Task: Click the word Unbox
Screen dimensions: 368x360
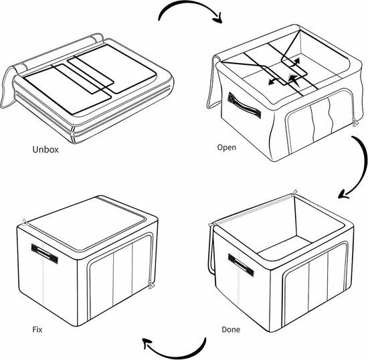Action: pyautogui.click(x=45, y=149)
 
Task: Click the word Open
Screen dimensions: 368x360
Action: pyautogui.click(x=226, y=148)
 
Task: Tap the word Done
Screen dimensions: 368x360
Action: pyautogui.click(x=231, y=329)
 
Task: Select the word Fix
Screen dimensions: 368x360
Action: pyautogui.click(x=37, y=329)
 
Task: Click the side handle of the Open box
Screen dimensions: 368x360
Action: pyautogui.click(x=244, y=105)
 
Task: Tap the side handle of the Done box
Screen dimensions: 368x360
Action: pyautogui.click(x=241, y=265)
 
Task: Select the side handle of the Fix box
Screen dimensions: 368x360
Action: pyautogui.click(x=45, y=254)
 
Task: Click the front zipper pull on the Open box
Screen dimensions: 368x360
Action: pyautogui.click(x=355, y=122)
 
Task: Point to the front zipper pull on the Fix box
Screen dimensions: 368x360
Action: pyautogui.click(x=151, y=284)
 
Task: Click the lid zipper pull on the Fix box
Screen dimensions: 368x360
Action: pyautogui.click(x=25, y=221)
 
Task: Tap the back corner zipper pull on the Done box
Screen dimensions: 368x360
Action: pyautogui.click(x=294, y=193)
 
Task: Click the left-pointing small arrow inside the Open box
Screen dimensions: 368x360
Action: pyautogui.click(x=274, y=82)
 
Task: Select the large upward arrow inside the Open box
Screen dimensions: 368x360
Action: pyautogui.click(x=292, y=80)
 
